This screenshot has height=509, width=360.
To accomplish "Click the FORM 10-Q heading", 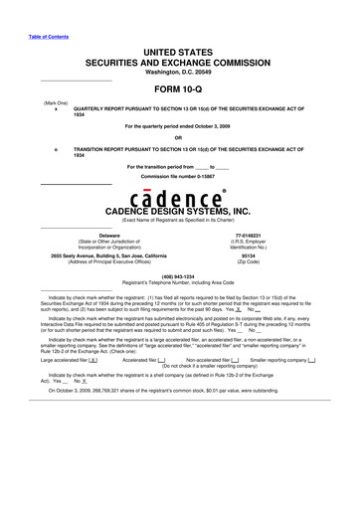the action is tap(180, 88).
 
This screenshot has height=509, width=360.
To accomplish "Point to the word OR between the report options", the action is tap(180, 138).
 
